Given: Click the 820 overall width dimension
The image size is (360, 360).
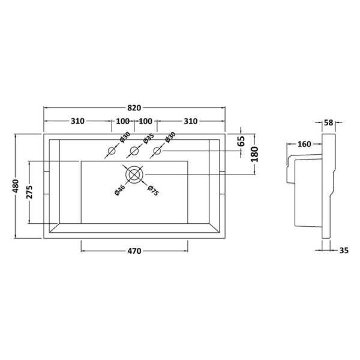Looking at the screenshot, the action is [134, 107].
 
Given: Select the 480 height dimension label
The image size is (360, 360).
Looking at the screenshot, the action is [16, 186].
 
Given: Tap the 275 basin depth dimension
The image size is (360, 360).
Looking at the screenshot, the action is [29, 192].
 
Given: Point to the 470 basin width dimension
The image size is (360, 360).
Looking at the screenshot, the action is [134, 251].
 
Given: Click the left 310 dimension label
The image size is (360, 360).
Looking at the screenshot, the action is [77, 121].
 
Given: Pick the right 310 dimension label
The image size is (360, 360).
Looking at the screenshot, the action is [191, 121].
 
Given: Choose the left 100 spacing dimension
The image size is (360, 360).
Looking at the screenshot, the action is [123, 121].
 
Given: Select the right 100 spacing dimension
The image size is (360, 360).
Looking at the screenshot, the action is [146, 121].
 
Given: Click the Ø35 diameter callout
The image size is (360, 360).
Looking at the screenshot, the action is [148, 139].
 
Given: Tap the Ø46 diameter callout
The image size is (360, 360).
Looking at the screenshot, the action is [120, 190].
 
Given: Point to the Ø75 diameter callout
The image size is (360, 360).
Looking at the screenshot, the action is [153, 191].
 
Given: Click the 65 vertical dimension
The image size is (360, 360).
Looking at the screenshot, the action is [241, 141].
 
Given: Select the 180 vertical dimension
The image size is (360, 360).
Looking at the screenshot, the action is [255, 154].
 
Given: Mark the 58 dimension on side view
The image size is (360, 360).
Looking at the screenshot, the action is [329, 122].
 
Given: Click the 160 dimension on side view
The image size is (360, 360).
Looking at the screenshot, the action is [304, 144].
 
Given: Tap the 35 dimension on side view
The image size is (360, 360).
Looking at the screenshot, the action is [344, 250].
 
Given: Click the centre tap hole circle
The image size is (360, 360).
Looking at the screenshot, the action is [134, 151].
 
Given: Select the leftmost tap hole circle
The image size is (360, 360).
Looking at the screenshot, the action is [112, 151].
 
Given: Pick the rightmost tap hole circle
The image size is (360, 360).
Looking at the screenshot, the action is [157, 151].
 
